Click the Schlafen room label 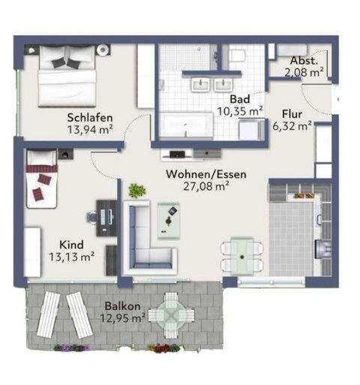tap(90, 117)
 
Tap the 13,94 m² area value tap(90, 130)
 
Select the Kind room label tap(71, 242)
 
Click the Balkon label tap(121, 305)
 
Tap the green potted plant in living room tap(135, 191)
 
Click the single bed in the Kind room tap(43, 179)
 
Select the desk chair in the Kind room tap(93, 217)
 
